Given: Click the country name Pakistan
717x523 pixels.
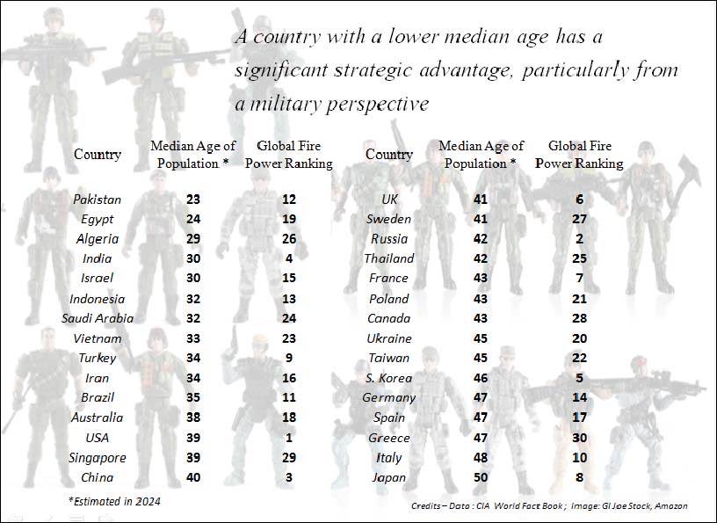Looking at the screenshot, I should (x=97, y=200).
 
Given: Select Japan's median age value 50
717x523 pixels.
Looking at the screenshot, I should (x=480, y=477).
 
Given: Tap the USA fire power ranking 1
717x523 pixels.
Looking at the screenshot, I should (x=288, y=438).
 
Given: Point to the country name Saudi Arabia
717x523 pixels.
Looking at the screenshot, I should (x=97, y=318).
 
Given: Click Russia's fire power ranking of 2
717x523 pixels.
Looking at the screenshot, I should (x=580, y=238).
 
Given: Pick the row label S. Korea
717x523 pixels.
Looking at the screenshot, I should (x=388, y=378).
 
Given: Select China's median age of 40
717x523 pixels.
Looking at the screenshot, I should (x=193, y=477).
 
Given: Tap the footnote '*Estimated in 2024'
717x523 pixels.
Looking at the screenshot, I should (x=114, y=501).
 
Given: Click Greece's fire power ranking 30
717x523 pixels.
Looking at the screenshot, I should (x=580, y=437).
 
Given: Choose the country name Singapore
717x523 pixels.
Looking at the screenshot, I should (x=97, y=457).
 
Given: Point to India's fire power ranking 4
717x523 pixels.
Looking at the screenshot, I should (x=288, y=258).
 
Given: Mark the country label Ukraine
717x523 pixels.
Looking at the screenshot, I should (x=388, y=338).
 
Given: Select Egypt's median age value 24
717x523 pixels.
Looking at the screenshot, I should (x=193, y=219).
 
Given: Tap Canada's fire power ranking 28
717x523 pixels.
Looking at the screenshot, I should (x=580, y=317).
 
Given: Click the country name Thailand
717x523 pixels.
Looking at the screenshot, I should (x=388, y=258).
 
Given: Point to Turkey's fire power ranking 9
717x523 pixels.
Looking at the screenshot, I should (x=288, y=358).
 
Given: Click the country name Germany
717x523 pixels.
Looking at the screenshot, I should (x=388, y=397).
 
